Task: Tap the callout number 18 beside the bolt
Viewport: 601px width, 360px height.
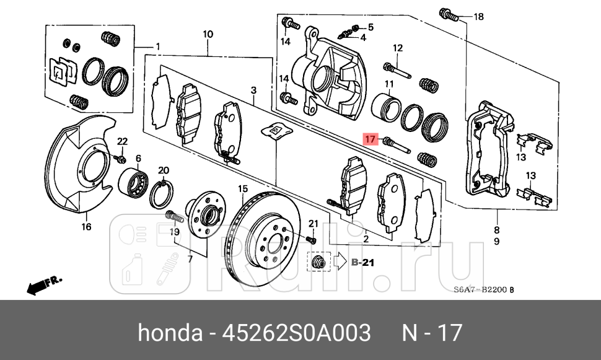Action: click(x=478, y=17)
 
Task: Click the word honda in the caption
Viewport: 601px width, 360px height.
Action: click(x=169, y=333)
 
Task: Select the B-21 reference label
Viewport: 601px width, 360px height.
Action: click(x=364, y=263)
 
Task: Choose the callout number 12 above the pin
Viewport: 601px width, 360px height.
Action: click(x=397, y=48)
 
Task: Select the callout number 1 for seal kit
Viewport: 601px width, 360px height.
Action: click(x=157, y=46)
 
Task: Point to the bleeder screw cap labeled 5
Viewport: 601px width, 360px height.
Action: click(x=356, y=27)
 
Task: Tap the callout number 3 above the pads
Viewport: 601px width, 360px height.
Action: click(x=253, y=91)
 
